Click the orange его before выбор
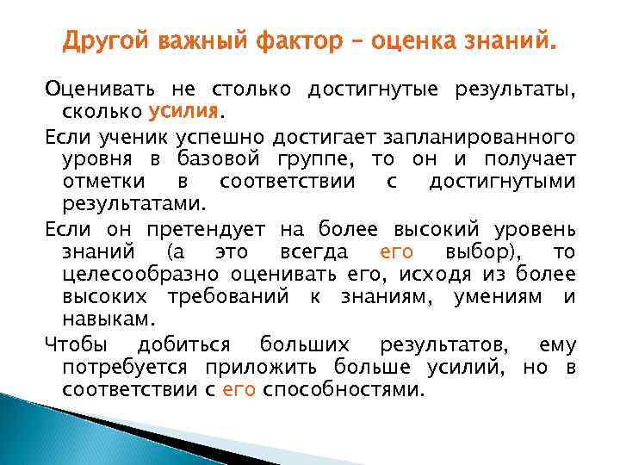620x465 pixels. click(x=396, y=251)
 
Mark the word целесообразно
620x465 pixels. click(x=141, y=274)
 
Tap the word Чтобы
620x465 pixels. click(x=76, y=344)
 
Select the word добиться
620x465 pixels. click(x=184, y=344)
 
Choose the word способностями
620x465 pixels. click(x=344, y=389)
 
